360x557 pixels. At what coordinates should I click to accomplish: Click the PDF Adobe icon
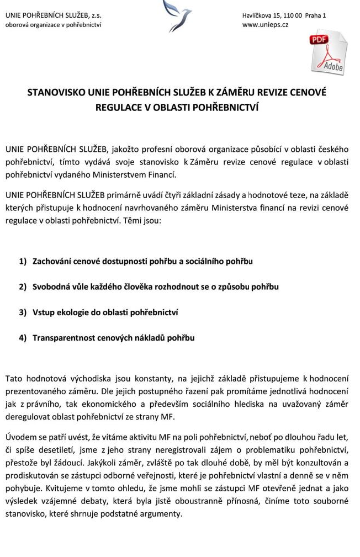click(329, 52)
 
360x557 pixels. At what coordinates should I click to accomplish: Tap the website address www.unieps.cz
click(265, 25)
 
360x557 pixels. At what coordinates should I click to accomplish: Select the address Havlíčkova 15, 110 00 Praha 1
click(284, 15)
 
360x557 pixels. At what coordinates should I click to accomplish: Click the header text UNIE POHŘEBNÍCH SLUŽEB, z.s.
click(53, 15)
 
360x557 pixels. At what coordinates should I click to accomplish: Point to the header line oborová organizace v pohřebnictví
click(53, 25)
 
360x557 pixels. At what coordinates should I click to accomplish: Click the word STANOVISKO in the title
click(56, 93)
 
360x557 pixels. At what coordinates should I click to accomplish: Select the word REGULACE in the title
click(119, 107)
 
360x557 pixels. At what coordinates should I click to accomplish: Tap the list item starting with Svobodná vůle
click(155, 287)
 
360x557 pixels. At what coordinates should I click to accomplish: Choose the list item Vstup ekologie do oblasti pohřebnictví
click(105, 312)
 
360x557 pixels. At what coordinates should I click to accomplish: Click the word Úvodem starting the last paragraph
click(20, 438)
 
